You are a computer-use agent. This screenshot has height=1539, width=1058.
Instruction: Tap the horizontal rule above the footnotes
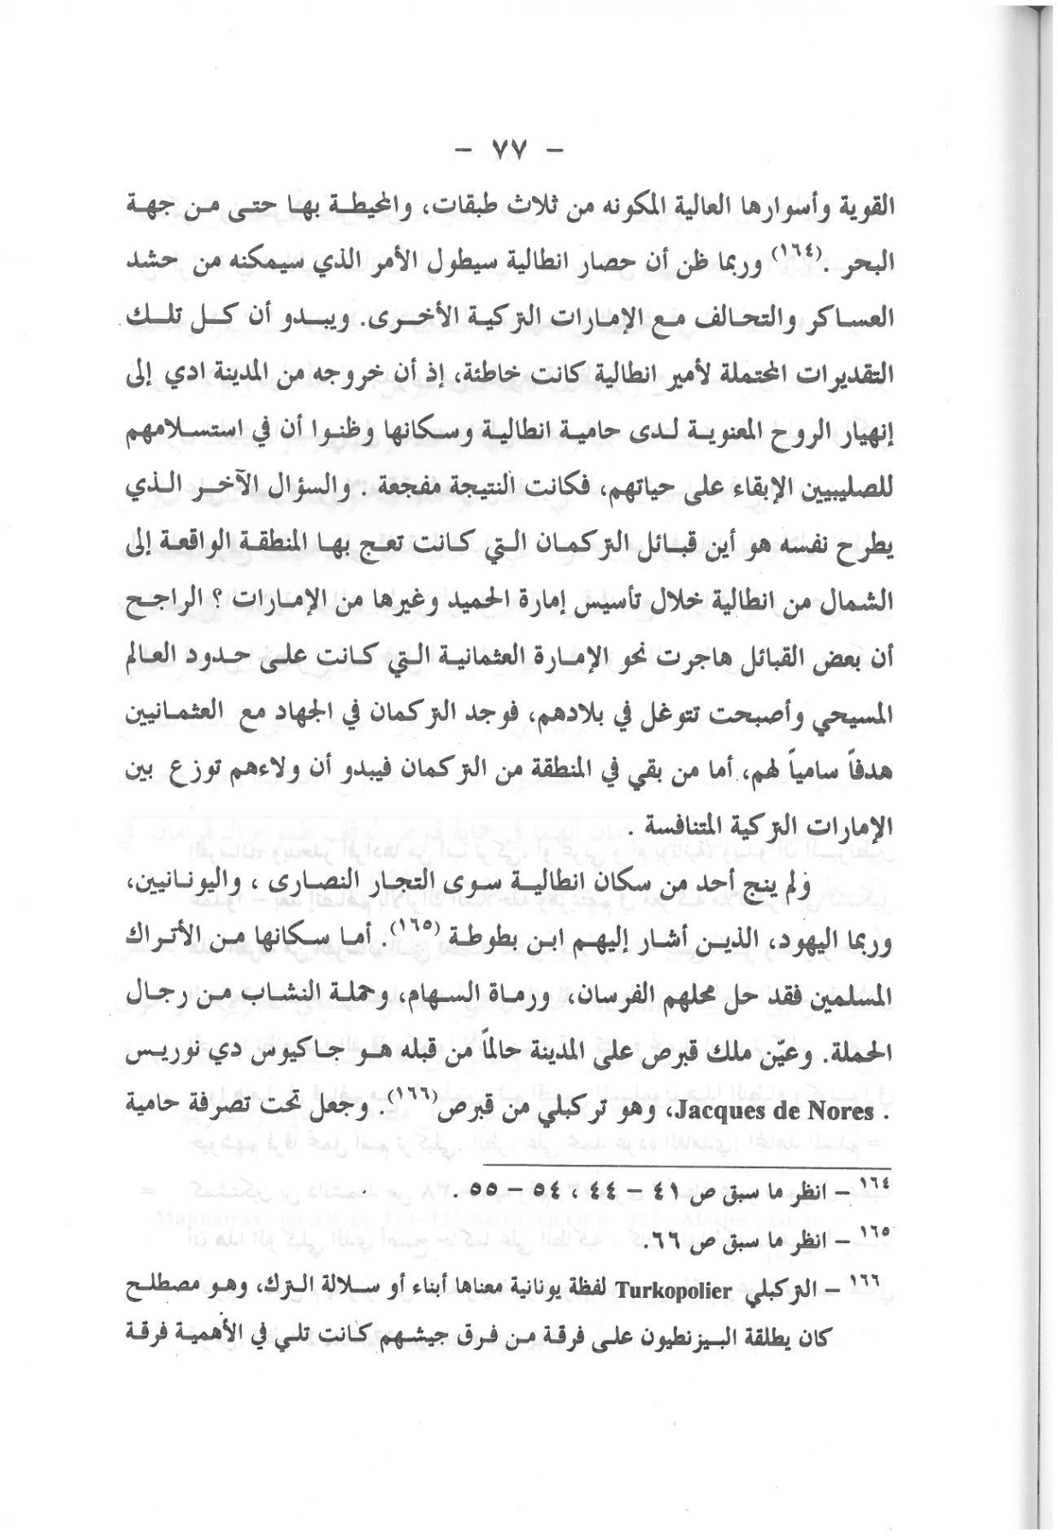tap(686, 1165)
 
